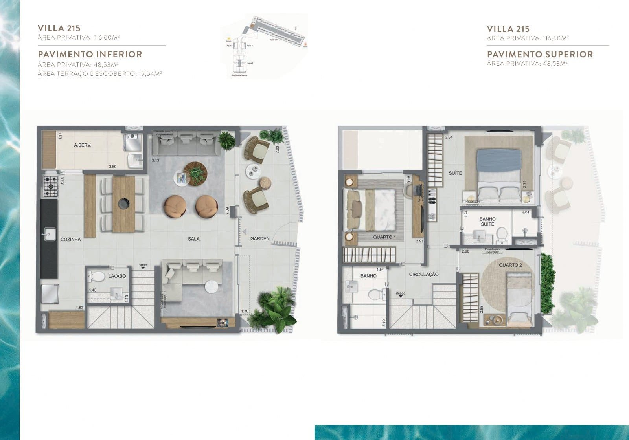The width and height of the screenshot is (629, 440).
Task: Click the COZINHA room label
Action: (71, 239)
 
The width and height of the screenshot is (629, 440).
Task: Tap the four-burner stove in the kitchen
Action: (51, 186)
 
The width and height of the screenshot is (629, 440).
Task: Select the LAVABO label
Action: (117, 276)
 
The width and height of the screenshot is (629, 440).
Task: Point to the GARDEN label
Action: (260, 238)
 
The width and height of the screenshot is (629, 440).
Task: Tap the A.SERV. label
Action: (83, 145)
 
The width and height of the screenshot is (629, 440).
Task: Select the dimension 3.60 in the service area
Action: (112, 167)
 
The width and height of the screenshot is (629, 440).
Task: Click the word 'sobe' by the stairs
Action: (143, 265)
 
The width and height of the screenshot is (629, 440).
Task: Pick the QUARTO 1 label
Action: (384, 237)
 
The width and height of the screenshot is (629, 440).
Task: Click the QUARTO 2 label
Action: (510, 265)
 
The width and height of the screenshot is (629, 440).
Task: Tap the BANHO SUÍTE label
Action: (487, 222)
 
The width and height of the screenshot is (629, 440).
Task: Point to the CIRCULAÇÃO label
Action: (424, 275)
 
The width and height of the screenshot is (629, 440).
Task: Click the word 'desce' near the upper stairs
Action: (401, 293)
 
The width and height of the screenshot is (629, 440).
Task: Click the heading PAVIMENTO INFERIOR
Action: (90, 54)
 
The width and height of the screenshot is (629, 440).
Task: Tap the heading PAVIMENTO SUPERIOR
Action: (540, 54)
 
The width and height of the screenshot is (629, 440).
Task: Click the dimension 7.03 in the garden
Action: (277, 150)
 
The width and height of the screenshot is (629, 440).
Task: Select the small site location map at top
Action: (264, 46)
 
